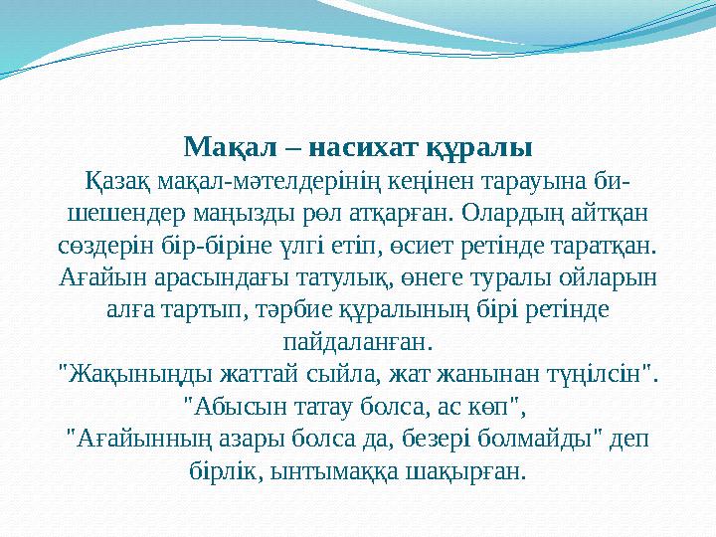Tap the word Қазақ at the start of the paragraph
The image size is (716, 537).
tap(114, 182)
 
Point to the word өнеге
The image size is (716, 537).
tap(434, 277)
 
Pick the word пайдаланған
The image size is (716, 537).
tap(358, 341)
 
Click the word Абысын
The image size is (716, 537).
tap(239, 406)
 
